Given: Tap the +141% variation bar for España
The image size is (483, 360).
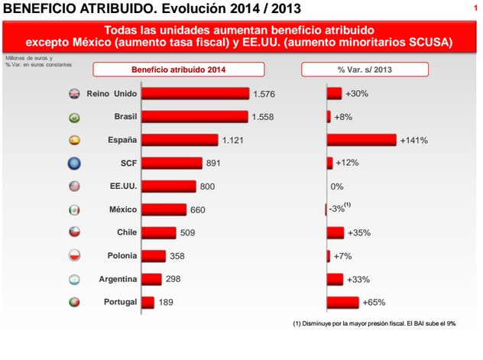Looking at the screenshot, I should coord(361,140).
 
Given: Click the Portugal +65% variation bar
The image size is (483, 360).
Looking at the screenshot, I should coord(343,302).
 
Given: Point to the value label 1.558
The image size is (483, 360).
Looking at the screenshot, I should coord(263,117).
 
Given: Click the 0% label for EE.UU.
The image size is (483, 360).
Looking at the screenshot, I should coord(337,186).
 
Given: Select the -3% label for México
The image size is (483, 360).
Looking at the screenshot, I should coord(337,209).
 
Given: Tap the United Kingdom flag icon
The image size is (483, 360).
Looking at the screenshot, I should coord(74,95).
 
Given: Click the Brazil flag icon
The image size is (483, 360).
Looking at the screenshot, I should coord(74,118).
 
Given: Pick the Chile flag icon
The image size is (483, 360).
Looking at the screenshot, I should coord(74,232).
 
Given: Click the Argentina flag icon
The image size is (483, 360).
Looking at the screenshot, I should coord(74,279).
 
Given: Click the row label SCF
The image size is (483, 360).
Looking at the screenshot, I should coord(127,163).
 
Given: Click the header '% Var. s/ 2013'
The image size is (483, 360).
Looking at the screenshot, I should coord(364,70).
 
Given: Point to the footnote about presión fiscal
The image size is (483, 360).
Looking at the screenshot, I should coord(374,323).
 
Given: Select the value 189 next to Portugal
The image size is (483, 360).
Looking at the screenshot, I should coord(167,303).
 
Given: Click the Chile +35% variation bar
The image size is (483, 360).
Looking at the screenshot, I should coord(336,232).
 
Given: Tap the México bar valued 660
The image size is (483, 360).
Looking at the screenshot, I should coord(164,209).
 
